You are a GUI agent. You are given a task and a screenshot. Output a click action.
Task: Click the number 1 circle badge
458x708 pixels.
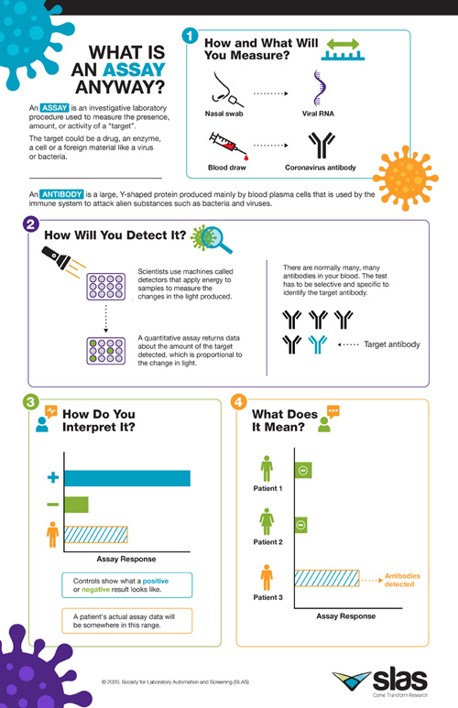point(191,36)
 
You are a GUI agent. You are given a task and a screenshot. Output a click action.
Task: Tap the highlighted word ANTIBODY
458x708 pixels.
point(62,194)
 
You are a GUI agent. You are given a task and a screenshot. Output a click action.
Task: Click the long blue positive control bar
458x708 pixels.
point(127,478)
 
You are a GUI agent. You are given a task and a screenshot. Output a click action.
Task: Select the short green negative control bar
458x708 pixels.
point(77,504)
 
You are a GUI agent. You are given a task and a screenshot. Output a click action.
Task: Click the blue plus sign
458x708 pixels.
point(52,478)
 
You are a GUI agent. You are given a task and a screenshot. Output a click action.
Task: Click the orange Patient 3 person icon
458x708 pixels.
point(267,579)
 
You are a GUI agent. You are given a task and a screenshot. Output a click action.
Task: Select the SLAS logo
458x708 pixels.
point(384,679)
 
